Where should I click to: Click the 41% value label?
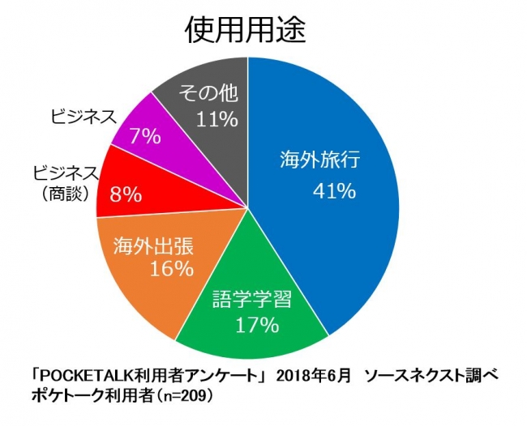(x=334, y=191)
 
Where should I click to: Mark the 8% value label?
(x=128, y=194)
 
